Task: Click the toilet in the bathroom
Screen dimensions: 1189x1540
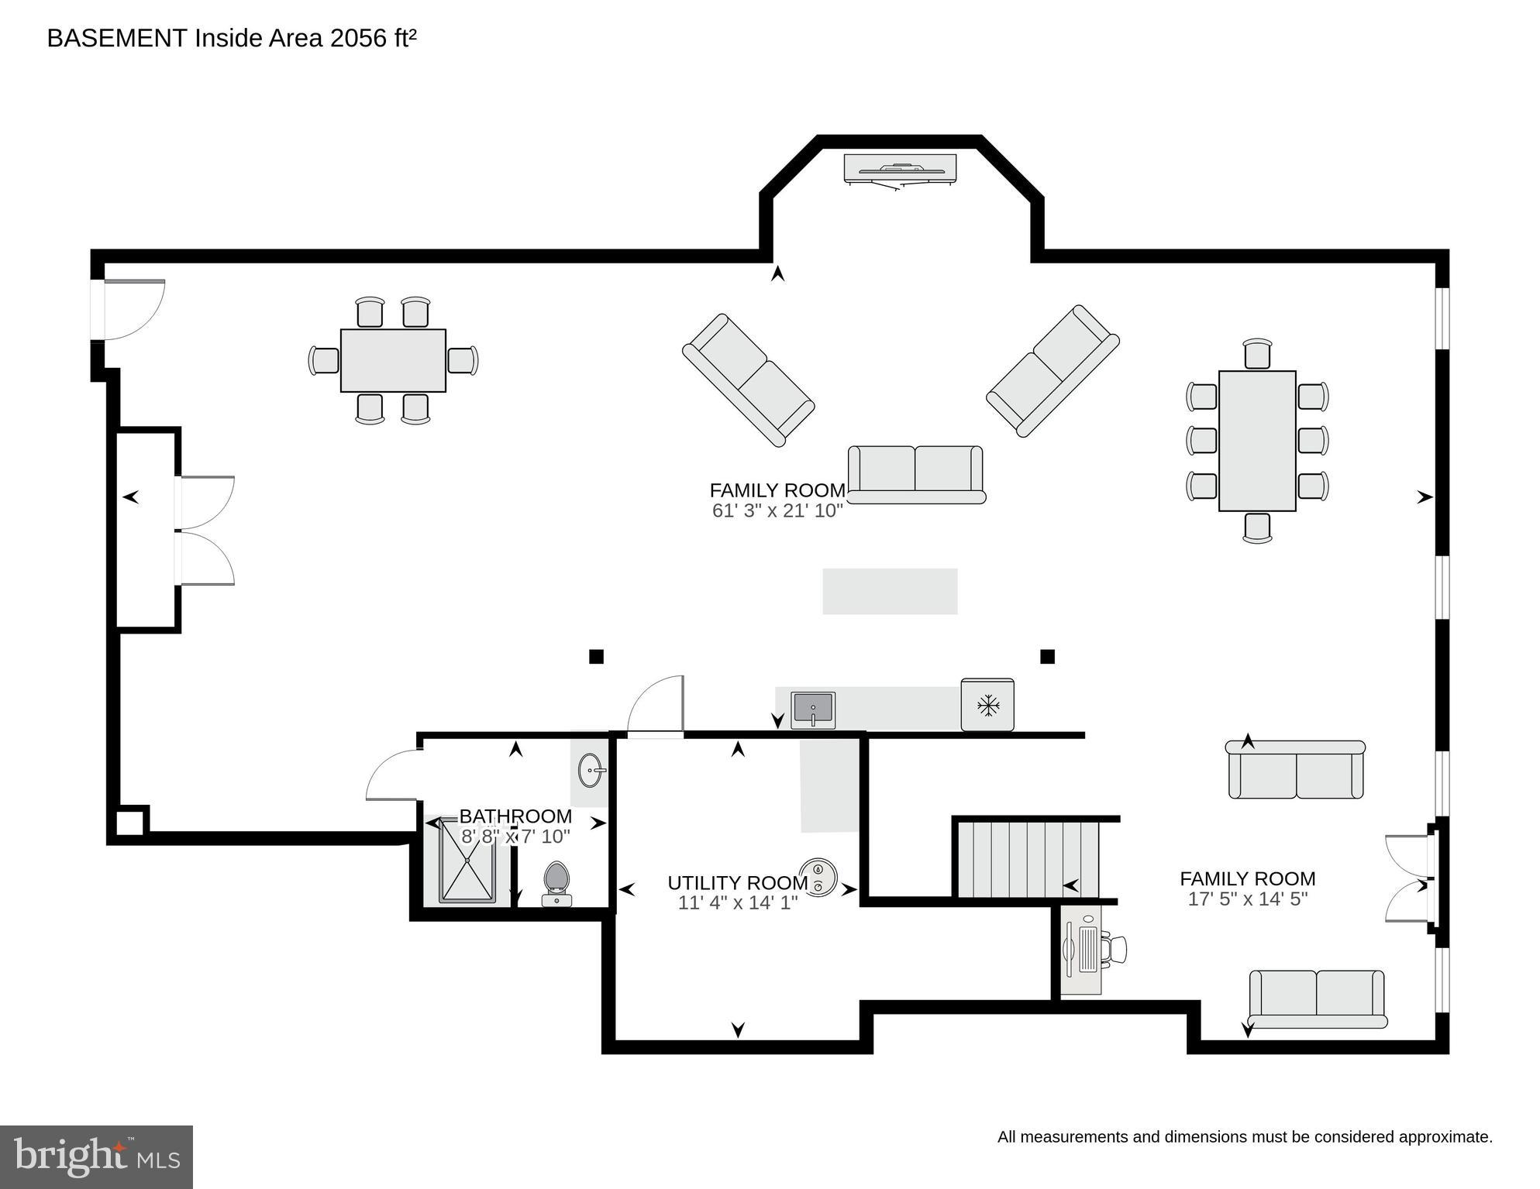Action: point(556,883)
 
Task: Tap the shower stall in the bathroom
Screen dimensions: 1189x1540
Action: point(467,860)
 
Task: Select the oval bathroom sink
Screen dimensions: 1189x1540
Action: point(591,771)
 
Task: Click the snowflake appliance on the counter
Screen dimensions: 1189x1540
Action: point(987,705)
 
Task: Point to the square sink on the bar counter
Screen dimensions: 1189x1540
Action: point(813,710)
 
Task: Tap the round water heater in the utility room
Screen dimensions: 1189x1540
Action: point(818,877)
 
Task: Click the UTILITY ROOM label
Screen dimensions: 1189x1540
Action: point(737,883)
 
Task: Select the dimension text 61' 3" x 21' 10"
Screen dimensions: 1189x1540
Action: point(777,511)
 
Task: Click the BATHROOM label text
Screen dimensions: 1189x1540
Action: point(515,816)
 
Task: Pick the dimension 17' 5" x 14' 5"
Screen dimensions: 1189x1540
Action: point(1247,899)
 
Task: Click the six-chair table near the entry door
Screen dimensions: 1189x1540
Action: point(393,361)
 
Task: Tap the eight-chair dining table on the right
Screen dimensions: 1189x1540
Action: point(1256,441)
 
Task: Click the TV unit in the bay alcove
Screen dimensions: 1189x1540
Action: point(900,169)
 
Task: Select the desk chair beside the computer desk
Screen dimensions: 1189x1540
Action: point(1116,950)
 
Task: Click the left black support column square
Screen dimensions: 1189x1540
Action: point(596,657)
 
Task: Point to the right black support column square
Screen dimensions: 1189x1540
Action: point(1047,657)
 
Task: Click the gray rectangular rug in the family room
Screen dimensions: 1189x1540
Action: point(890,592)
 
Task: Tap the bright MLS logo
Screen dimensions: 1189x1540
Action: point(96,1157)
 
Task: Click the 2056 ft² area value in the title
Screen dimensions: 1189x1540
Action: point(373,38)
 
